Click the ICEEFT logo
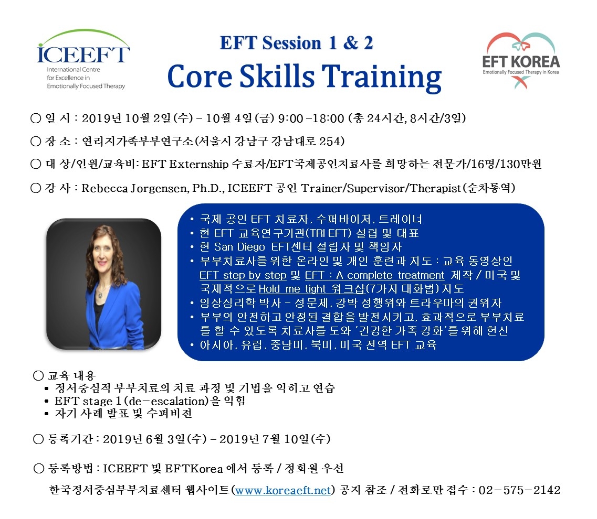coord(83,59)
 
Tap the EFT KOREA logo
coord(521,61)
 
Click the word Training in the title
coord(382,77)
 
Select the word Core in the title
coord(200,76)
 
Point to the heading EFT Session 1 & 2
coord(296,42)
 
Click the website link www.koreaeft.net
coord(283,490)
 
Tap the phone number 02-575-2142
coord(519,490)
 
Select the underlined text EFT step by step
coord(243,275)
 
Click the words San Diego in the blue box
coord(239,247)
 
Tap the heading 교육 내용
coord(71,376)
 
